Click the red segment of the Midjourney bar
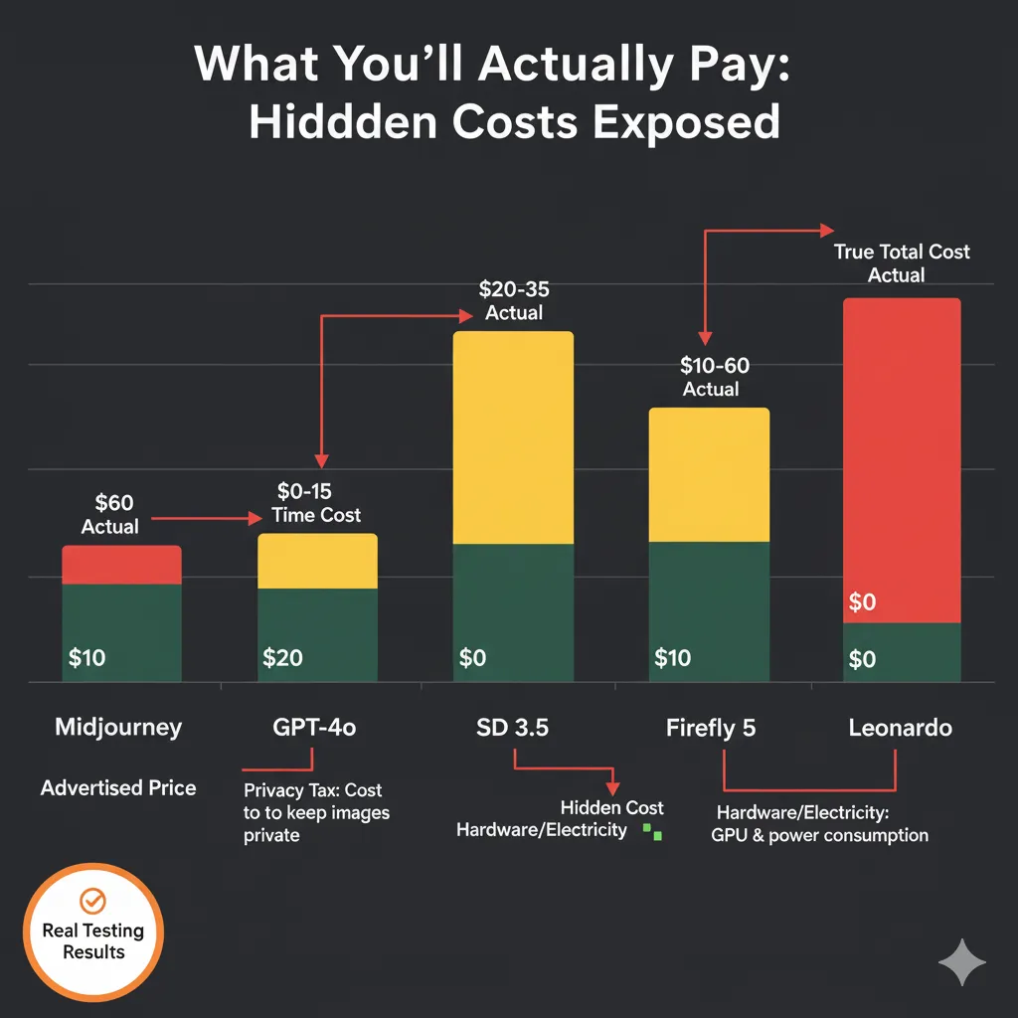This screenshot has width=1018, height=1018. click(x=121, y=565)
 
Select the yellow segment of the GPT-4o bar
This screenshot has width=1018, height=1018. click(x=317, y=562)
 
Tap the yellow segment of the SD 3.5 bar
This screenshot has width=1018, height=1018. click(x=513, y=437)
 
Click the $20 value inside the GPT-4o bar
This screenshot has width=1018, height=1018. click(x=283, y=658)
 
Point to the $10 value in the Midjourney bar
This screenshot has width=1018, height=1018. click(x=87, y=658)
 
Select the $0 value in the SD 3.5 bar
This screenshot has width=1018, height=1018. click(x=473, y=658)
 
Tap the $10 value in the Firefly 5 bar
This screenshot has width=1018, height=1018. click(x=673, y=658)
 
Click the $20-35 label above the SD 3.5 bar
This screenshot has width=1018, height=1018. click(x=513, y=289)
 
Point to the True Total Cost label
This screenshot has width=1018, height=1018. click(x=901, y=252)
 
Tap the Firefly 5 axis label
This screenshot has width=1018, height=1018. click(x=710, y=728)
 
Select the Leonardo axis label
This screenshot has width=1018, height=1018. click(x=900, y=728)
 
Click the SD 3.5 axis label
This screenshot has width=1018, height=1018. click(x=512, y=728)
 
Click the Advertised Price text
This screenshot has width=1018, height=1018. click(x=118, y=788)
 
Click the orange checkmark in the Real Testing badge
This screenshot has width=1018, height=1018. click(x=92, y=901)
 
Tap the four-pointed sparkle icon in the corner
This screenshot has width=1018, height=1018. click(x=961, y=961)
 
